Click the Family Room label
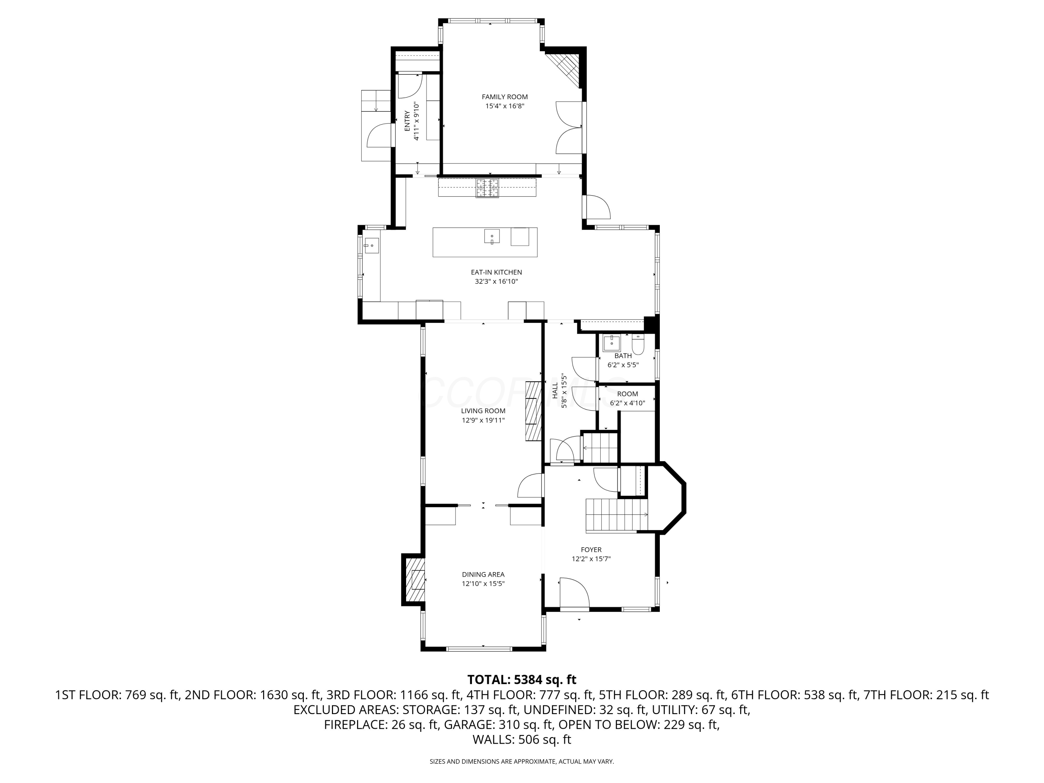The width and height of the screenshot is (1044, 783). pos(505,97)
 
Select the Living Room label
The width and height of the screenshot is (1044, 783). pos(483,411)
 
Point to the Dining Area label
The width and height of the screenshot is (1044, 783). pos(483,575)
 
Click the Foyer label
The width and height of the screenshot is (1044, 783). pos(591,550)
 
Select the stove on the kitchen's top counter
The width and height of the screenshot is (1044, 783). pos(487,188)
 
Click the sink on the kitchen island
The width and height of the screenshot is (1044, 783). pos(491,236)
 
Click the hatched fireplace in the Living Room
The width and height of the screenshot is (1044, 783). pos(534,411)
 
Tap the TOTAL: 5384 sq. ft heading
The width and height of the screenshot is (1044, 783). pos(522,680)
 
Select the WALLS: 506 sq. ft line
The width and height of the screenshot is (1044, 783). pos(522,739)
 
